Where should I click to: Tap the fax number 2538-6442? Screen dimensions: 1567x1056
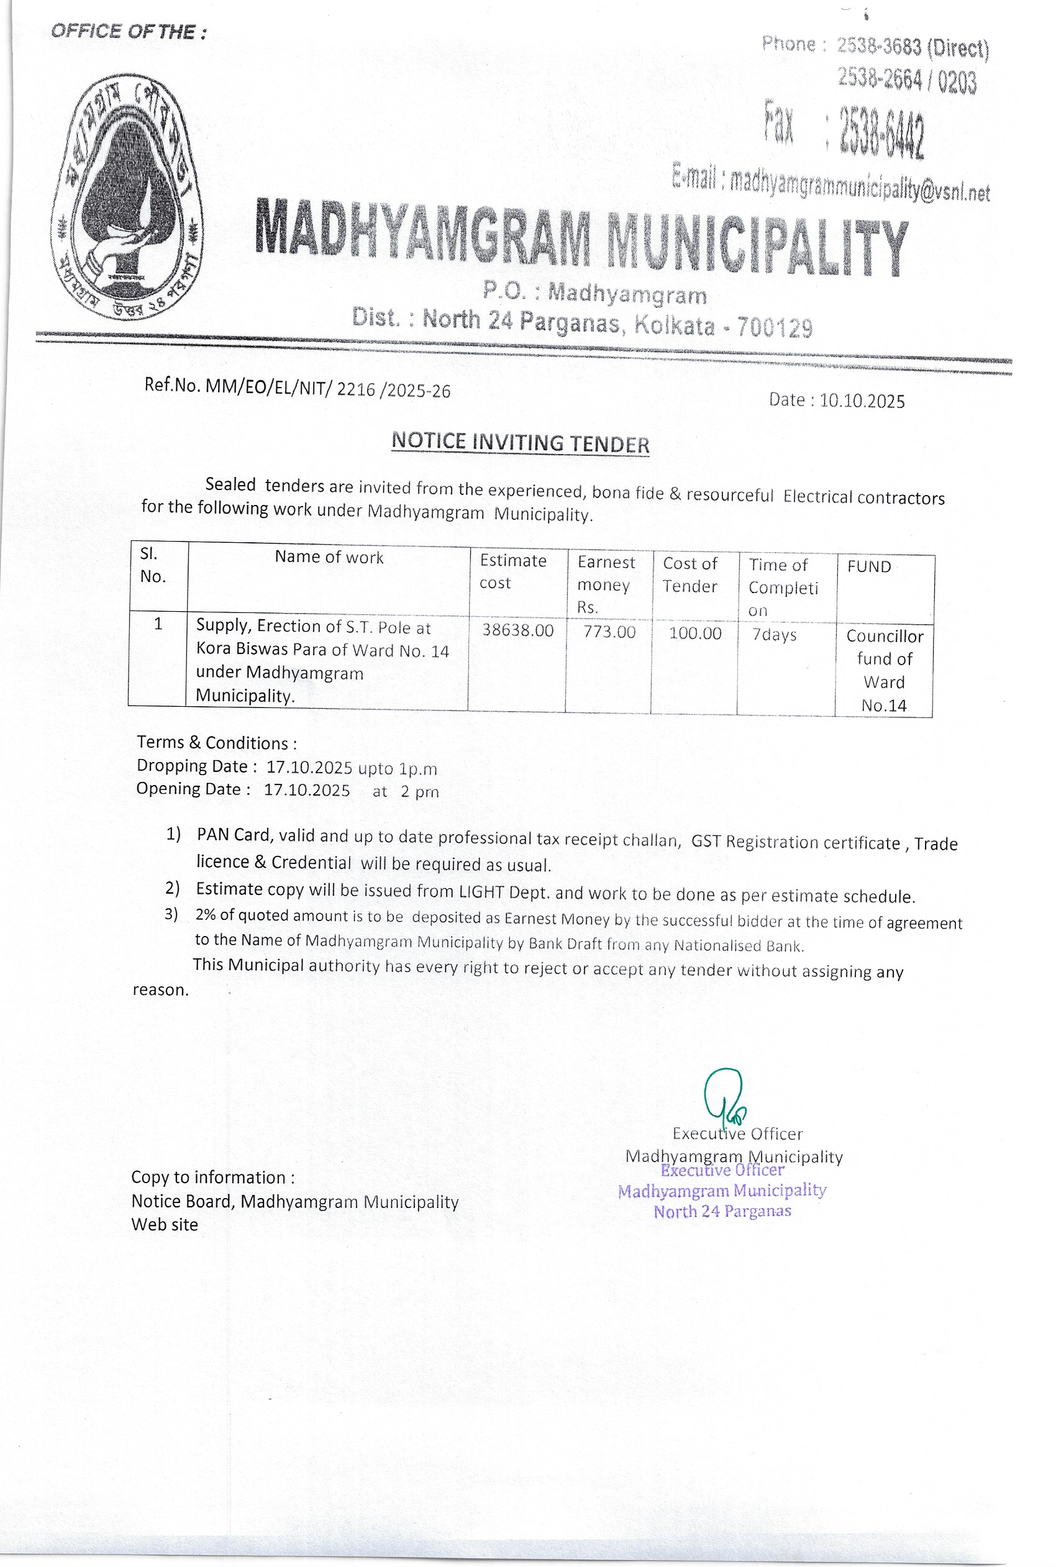coord(881,133)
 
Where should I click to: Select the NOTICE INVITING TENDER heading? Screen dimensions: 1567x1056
coord(520,443)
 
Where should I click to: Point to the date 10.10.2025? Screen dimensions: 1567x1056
coord(862,401)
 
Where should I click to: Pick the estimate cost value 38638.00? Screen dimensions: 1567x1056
coord(517,630)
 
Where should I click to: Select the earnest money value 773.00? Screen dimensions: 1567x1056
coord(609,632)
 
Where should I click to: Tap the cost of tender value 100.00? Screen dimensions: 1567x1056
coord(694,633)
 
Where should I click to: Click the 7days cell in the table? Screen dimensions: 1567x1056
coord(774,634)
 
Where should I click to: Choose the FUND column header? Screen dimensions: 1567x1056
coord(869,567)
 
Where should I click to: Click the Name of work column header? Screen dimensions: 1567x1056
coord(329,557)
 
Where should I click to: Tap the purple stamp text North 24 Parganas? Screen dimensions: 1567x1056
coord(722,1212)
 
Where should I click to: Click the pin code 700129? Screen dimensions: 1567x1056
coord(775,327)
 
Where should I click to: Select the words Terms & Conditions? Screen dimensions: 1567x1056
coord(216,742)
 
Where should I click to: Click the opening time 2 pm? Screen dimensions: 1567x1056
coord(419,791)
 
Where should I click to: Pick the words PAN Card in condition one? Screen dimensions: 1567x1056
coord(234,834)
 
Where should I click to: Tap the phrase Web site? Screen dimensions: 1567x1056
coord(165,1224)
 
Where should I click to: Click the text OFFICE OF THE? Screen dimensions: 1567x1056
coord(128,32)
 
